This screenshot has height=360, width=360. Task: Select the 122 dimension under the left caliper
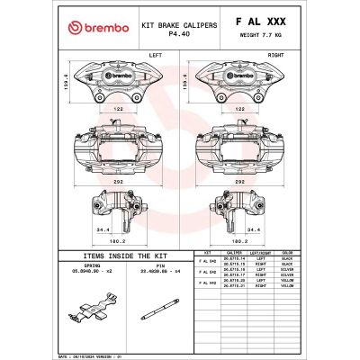(118, 108)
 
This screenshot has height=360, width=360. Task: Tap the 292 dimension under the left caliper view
(118, 180)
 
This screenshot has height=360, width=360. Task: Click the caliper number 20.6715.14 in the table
(233, 259)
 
